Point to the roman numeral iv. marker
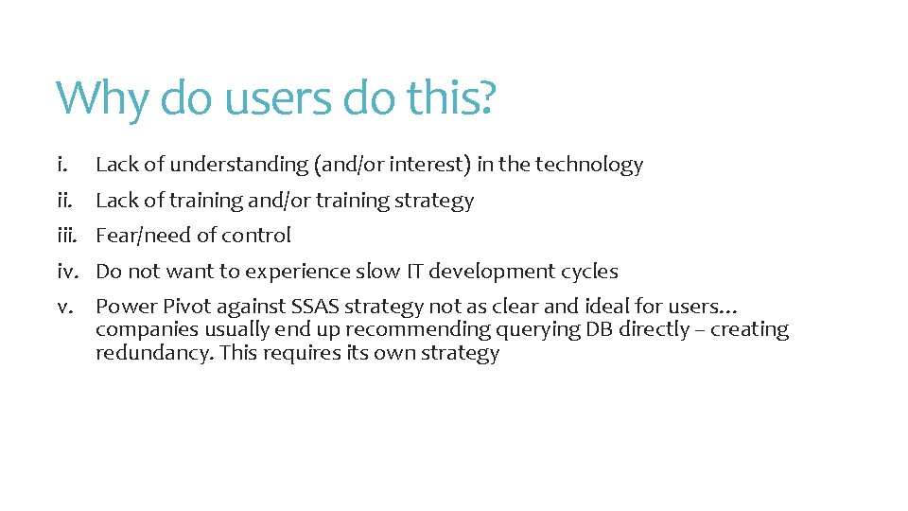(x=68, y=272)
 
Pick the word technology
(x=589, y=165)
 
